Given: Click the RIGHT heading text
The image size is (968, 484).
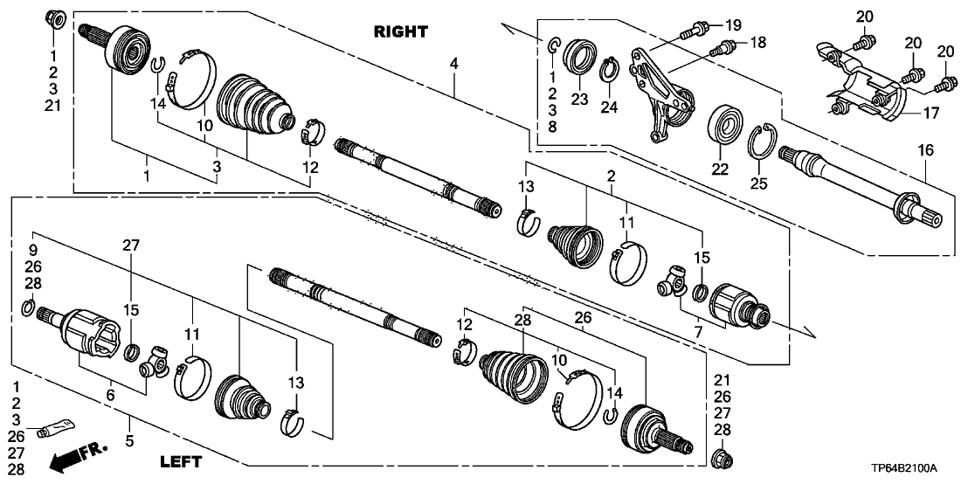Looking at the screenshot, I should (x=401, y=32).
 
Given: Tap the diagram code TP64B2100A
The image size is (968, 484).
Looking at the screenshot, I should (x=915, y=468).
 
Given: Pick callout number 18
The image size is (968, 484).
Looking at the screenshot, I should (x=757, y=42).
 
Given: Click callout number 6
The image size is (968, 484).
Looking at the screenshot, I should (x=110, y=396).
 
